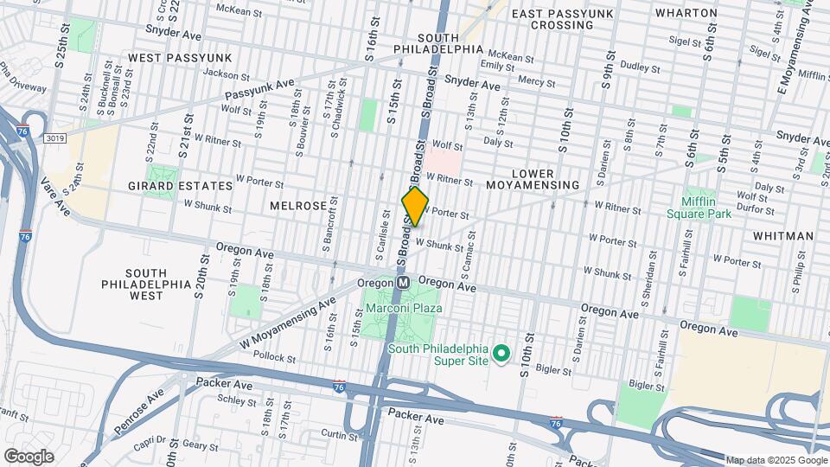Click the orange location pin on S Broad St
[415, 206]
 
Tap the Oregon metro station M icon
[404, 283]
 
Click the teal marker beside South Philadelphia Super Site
[500, 353]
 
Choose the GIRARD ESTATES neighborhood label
[180, 186]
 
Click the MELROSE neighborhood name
[297, 206]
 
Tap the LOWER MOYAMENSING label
[532, 180]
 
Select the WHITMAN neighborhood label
[782, 235]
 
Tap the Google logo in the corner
[29, 456]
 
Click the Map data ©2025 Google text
[776, 460]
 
